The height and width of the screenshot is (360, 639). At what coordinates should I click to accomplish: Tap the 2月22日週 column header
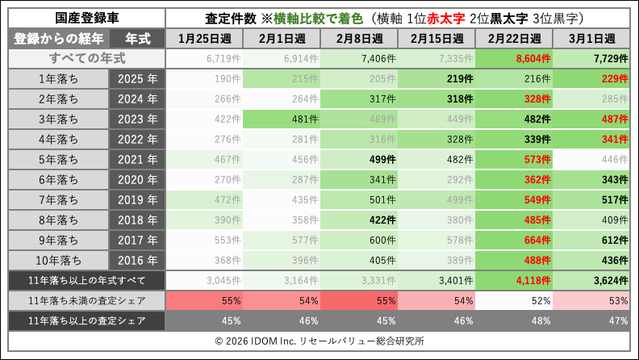(511, 39)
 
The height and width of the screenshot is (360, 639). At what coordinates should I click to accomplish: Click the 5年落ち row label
(57, 159)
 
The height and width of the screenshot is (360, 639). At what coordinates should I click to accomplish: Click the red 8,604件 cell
(511, 59)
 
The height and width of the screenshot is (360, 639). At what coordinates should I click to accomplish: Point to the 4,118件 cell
(511, 281)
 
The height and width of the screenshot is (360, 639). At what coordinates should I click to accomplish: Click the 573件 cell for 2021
(511, 159)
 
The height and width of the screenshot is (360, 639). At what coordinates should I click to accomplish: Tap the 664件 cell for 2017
(511, 240)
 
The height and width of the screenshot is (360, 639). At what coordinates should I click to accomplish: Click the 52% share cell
(511, 301)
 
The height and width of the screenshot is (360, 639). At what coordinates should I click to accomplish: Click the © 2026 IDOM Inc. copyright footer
(319, 341)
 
